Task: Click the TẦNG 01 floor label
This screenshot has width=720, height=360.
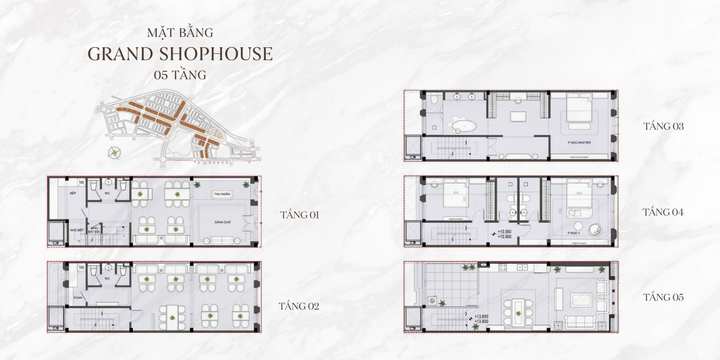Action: point(300,215)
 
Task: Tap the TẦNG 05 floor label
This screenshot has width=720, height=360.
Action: point(663,297)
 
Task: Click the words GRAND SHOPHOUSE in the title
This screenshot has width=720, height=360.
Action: point(180,54)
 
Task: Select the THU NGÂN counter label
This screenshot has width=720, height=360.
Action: point(222,194)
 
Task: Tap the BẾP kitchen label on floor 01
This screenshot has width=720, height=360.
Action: point(73,193)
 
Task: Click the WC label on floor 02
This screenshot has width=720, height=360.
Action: point(108,278)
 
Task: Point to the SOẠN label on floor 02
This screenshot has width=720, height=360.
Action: point(77,298)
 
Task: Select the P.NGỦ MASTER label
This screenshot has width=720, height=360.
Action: point(579,143)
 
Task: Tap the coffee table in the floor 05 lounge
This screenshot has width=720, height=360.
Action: point(581,301)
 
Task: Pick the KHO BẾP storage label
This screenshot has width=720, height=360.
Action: point(77,230)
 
